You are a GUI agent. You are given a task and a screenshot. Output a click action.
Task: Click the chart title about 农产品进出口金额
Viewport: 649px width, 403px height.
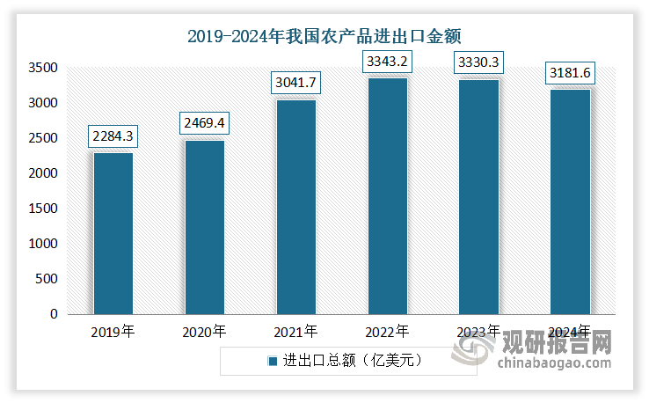click(x=324, y=36)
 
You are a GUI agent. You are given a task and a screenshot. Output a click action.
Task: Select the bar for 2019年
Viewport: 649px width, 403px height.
click(x=113, y=233)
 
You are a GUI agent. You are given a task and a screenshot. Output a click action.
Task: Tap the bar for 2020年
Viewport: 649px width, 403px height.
click(x=204, y=227)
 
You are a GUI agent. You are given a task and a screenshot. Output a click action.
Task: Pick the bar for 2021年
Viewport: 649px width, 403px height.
click(x=296, y=207)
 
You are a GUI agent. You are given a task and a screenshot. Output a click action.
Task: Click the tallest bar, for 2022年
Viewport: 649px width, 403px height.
click(x=387, y=196)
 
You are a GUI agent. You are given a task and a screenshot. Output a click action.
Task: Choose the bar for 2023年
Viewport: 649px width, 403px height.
click(x=478, y=197)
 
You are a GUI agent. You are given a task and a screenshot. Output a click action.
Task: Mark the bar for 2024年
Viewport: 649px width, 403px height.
click(x=570, y=202)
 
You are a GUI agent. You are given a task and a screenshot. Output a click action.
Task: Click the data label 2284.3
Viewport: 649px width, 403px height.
click(x=113, y=137)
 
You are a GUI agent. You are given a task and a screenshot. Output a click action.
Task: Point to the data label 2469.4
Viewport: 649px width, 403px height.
click(x=205, y=124)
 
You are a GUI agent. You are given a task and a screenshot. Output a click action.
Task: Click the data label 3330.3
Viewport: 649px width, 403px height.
click(x=479, y=63)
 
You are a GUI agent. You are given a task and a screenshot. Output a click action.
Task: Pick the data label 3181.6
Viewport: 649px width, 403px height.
click(x=571, y=74)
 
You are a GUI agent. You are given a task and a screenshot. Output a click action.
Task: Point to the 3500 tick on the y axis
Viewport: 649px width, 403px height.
click(x=44, y=68)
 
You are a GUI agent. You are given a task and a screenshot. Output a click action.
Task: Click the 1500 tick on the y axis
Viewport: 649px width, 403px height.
click(x=44, y=209)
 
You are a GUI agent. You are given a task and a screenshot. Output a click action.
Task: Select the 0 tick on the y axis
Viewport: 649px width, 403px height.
click(x=54, y=314)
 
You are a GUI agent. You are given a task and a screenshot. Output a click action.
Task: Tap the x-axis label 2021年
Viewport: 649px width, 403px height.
click(x=295, y=333)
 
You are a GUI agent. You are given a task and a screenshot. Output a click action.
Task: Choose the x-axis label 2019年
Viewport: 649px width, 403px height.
click(x=113, y=333)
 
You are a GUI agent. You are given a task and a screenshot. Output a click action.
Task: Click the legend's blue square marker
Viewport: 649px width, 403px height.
click(x=272, y=361)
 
